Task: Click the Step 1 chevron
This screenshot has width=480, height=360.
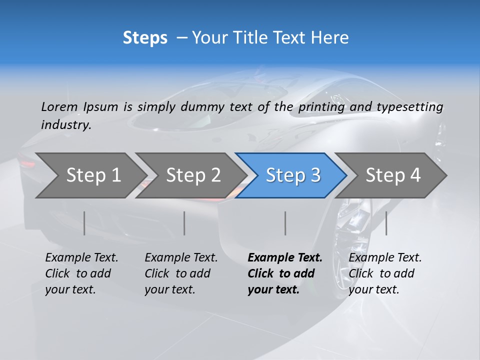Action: coord(93,175)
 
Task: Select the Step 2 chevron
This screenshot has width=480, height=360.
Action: coord(193,175)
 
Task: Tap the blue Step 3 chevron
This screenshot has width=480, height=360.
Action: coord(293,175)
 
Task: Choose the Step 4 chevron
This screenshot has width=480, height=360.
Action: coord(393,175)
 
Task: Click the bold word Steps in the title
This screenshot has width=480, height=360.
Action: coord(145,38)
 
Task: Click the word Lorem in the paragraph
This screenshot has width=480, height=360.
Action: coord(59,107)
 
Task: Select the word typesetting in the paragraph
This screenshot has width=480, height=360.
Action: coord(409,107)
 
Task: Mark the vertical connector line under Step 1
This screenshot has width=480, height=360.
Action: coord(84,223)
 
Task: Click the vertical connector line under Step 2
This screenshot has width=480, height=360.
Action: coord(184,223)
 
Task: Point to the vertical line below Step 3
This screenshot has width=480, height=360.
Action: coord(285,223)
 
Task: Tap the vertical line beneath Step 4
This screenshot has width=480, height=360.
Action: coord(386,223)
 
